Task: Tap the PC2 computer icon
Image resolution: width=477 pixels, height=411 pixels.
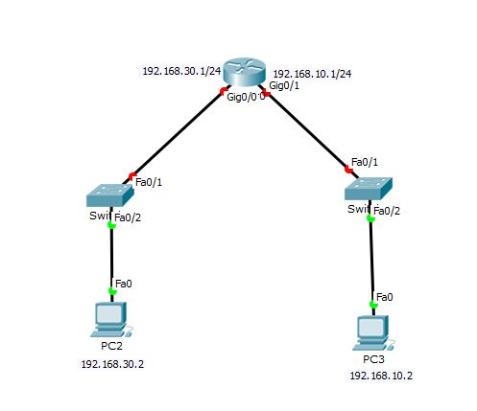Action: [x=111, y=317]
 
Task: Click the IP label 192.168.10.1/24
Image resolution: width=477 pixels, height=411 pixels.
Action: [x=311, y=73]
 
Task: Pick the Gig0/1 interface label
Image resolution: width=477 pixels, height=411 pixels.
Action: [x=284, y=86]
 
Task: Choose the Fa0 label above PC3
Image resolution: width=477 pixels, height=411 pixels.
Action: [x=384, y=296]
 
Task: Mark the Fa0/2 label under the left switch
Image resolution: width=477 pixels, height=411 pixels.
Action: [x=129, y=218]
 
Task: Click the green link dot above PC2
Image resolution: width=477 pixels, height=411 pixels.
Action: [x=112, y=290]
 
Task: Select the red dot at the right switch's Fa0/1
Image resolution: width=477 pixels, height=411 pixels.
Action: [x=348, y=170]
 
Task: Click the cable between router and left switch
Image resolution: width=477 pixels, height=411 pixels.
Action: [x=178, y=134]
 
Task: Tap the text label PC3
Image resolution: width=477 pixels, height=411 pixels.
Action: [x=373, y=359]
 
